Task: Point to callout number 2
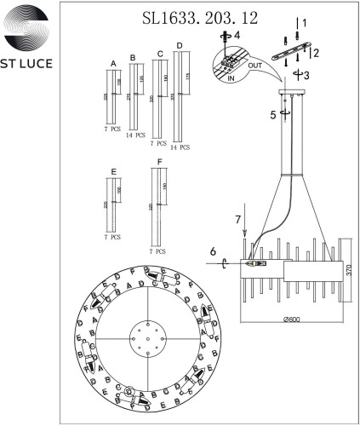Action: point(316,53)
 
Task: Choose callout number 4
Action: point(237,35)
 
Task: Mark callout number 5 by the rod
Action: point(273,112)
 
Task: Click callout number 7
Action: point(238,221)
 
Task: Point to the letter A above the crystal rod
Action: point(113,64)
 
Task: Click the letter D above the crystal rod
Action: point(179,44)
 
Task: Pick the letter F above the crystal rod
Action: point(154,162)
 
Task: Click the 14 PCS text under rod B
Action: point(134,135)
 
